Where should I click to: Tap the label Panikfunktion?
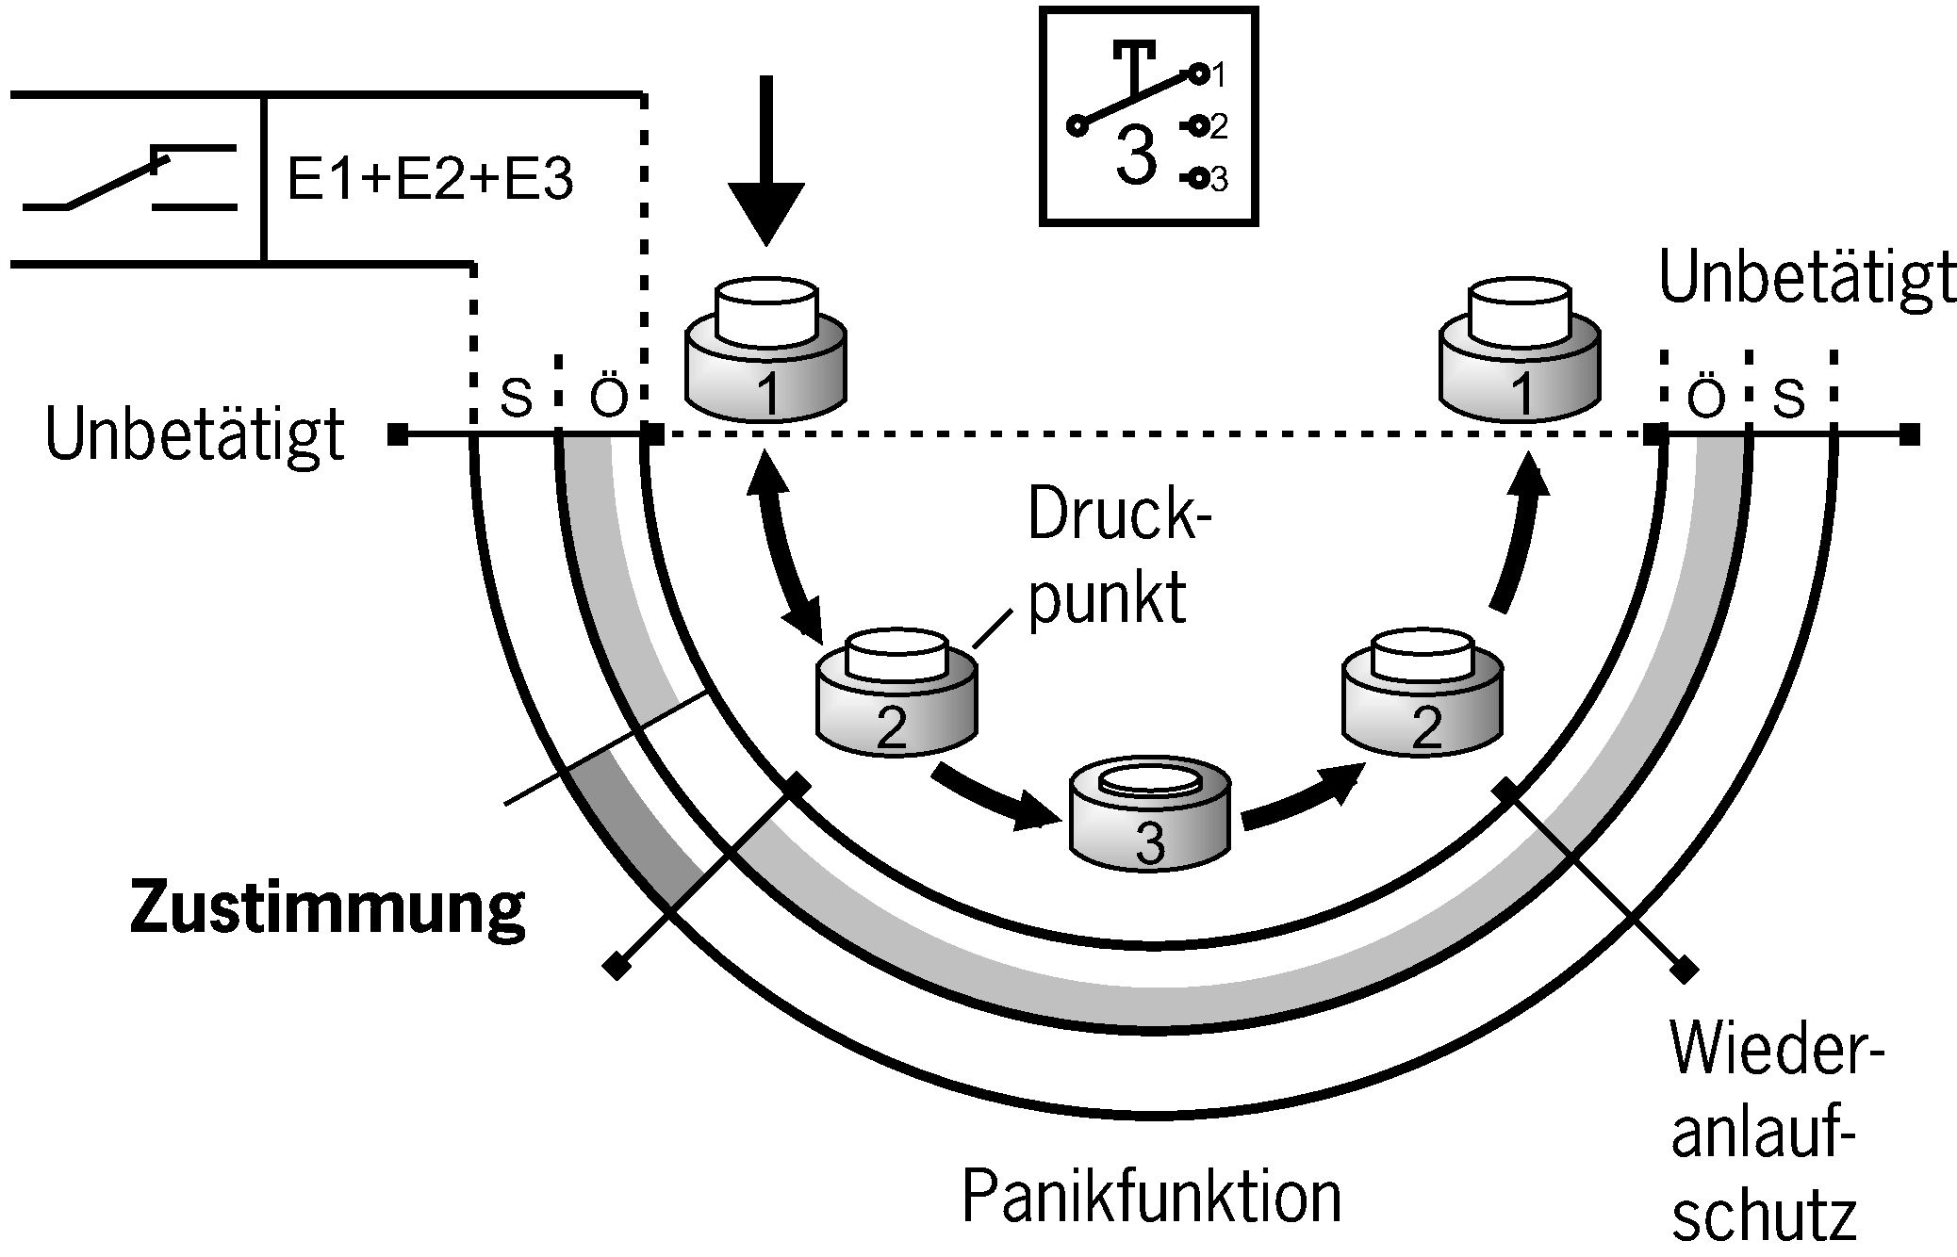(x=1151, y=1197)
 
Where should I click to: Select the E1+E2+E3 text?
(x=430, y=179)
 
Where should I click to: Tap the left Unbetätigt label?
(x=195, y=434)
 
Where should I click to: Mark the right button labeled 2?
(x=1423, y=696)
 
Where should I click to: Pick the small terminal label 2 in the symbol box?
(x=1219, y=126)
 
